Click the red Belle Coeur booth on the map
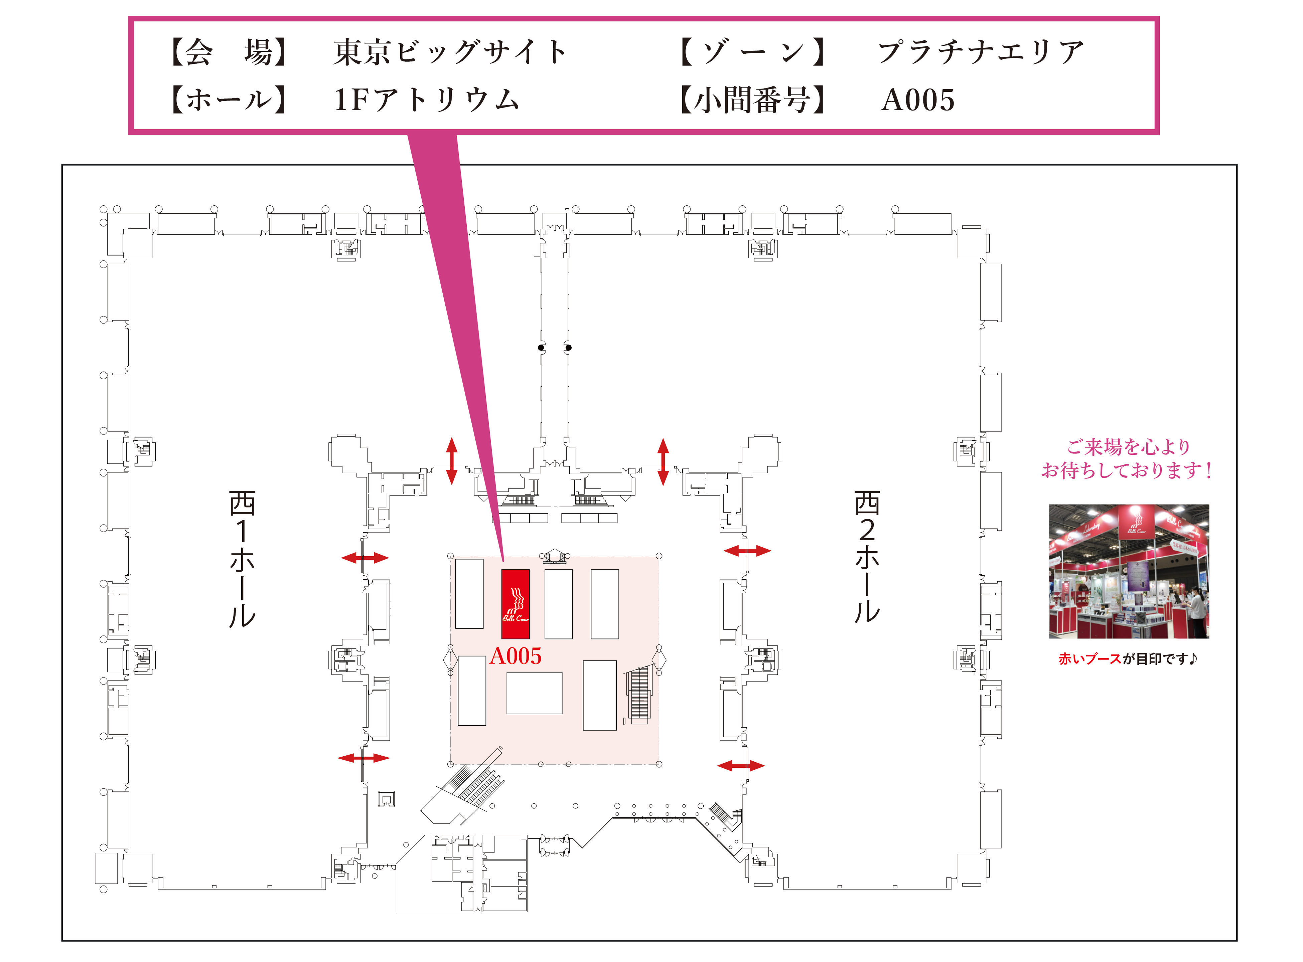tap(515, 604)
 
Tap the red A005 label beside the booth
tap(515, 656)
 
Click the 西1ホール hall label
tap(242, 559)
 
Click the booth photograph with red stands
tap(1129, 571)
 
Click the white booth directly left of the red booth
tap(469, 593)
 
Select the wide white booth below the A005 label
tap(534, 693)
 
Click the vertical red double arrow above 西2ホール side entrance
tap(663, 462)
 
